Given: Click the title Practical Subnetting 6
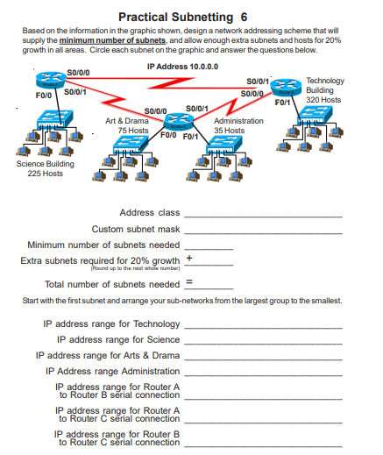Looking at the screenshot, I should pyautogui.click(x=190, y=16).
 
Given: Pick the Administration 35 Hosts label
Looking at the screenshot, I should pyautogui.click(x=238, y=124).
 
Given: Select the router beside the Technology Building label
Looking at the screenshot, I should pyautogui.click(x=286, y=88).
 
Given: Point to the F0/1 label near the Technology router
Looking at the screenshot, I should pyautogui.click(x=283, y=103).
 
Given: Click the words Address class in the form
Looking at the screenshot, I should pyautogui.click(x=149, y=212).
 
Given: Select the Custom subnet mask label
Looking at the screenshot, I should pyautogui.click(x=136, y=228).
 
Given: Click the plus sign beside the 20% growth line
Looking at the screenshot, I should pyautogui.click(x=188, y=259).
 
